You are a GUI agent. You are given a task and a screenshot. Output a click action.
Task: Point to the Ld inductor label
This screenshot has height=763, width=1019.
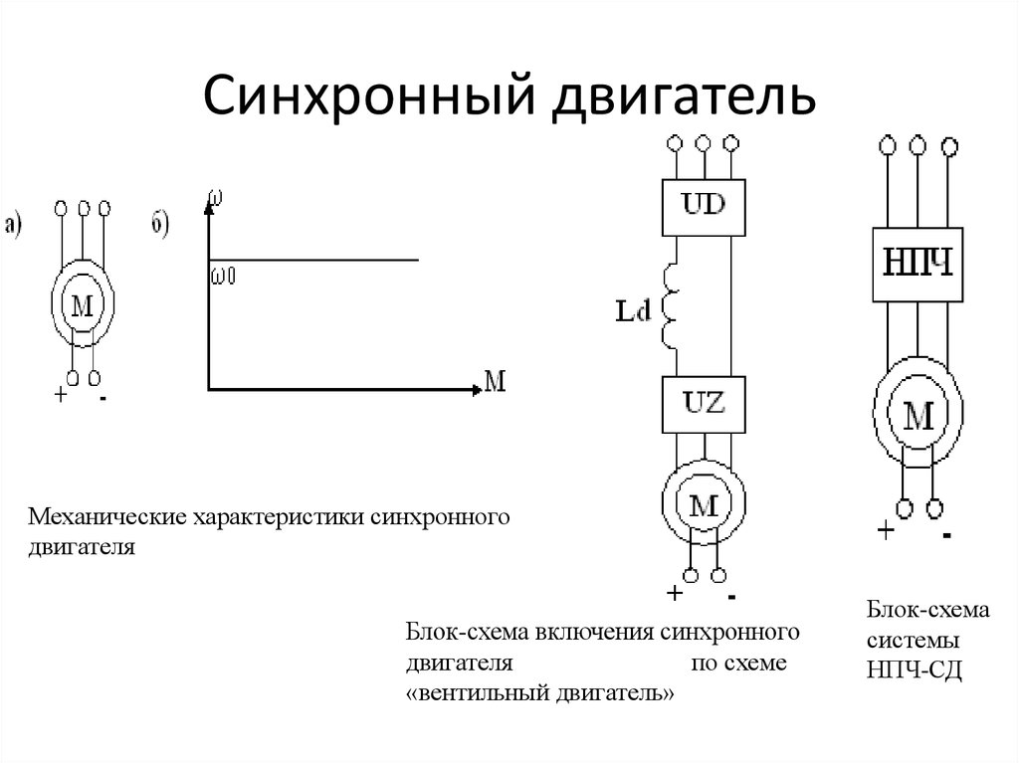tap(633, 311)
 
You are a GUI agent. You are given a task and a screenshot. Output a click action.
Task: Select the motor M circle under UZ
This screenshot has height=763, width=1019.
tap(705, 505)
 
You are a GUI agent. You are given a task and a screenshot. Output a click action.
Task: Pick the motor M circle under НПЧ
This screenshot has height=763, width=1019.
tap(918, 412)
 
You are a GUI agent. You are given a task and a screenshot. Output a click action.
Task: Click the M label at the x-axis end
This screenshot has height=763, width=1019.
tap(495, 380)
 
